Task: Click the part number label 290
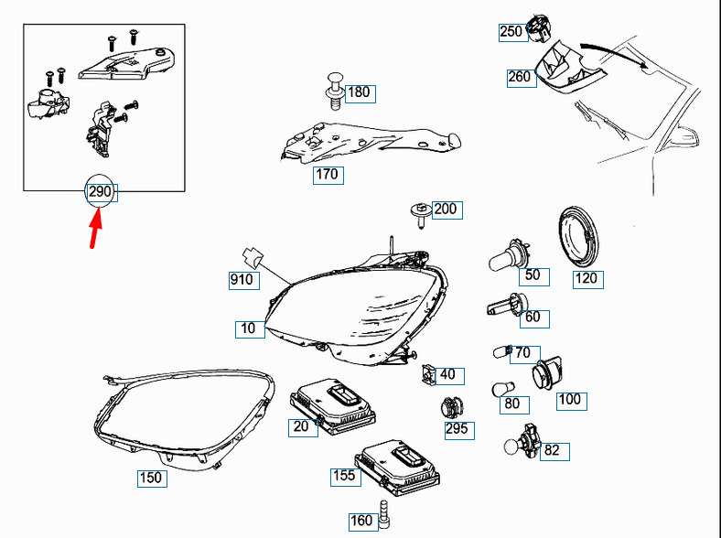tap(99, 192)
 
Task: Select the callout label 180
tap(359, 92)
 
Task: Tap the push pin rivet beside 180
tap(334, 91)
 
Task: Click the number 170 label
tap(328, 174)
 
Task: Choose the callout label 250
tap(511, 32)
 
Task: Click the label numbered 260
tap(519, 77)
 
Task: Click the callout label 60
tap(532, 317)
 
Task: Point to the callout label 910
tap(242, 280)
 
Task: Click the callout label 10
tap(248, 328)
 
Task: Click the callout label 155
tap(343, 476)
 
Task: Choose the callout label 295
tap(457, 428)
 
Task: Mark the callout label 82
tap(552, 450)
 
